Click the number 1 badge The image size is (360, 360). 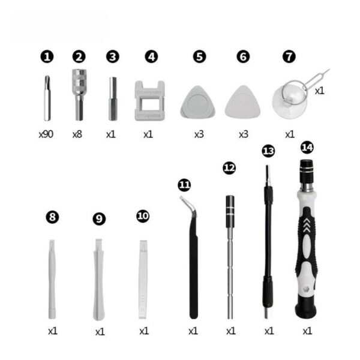click(47, 56)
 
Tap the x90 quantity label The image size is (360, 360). click(46, 134)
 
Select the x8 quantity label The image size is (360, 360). click(77, 134)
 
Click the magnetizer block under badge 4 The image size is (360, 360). click(148, 100)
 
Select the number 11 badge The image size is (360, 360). click(184, 184)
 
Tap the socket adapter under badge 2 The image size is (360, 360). click(79, 93)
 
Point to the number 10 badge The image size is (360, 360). click(143, 216)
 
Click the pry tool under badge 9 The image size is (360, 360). click(98, 279)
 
